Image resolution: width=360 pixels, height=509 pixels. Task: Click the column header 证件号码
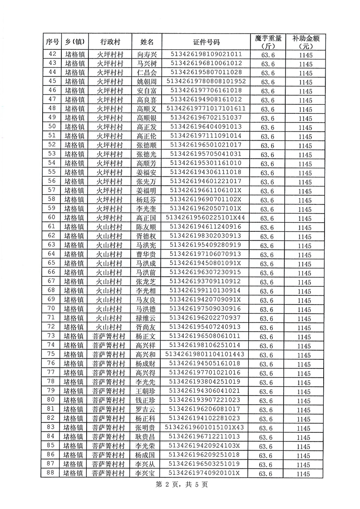click(206, 42)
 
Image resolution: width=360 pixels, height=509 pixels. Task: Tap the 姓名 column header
click(147, 42)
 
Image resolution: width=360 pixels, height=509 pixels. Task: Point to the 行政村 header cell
click(110, 42)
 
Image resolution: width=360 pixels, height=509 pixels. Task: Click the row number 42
click(51, 54)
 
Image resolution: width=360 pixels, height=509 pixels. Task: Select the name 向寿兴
click(147, 54)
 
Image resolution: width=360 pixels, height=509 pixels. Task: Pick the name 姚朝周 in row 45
click(147, 82)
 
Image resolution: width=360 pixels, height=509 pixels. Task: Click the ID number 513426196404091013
click(206, 127)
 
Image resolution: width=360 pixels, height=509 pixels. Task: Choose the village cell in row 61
click(110, 226)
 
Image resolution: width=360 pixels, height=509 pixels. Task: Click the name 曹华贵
click(147, 254)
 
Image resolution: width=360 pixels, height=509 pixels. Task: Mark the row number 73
click(51, 336)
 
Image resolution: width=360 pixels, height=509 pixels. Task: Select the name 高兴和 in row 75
click(147, 354)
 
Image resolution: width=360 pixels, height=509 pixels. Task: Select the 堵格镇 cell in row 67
click(74, 281)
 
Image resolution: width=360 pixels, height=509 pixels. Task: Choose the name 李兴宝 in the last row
click(147, 473)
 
